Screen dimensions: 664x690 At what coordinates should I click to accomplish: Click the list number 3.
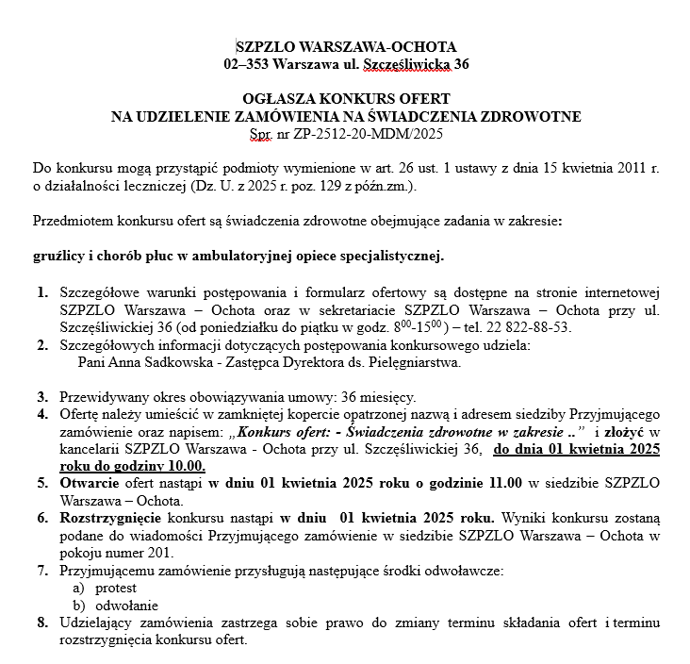coord(42,397)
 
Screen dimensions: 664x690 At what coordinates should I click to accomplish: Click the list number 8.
coord(42,622)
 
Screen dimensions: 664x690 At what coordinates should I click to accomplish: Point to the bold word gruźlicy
coord(58,256)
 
